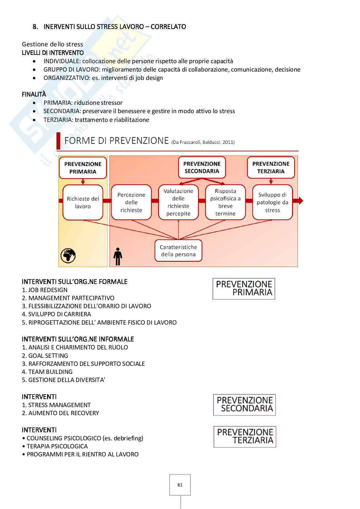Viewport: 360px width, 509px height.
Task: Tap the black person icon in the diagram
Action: tap(118, 256)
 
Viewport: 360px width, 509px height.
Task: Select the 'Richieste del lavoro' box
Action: tap(83, 202)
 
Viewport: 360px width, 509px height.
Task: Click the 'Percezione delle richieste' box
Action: tap(131, 202)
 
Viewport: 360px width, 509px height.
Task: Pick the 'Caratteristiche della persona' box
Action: tap(178, 251)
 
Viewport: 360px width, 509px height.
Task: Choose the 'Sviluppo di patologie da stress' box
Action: tap(272, 202)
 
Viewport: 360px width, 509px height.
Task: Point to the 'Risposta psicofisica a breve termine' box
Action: tap(225, 202)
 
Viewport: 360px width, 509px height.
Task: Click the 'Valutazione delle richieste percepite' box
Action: tap(178, 202)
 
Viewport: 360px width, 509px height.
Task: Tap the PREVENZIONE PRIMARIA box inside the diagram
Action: tap(83, 168)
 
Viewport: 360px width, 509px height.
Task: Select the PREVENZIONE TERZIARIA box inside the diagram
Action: tap(271, 168)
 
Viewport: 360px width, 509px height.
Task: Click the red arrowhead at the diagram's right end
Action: tap(300, 201)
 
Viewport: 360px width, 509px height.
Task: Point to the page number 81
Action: tap(180, 485)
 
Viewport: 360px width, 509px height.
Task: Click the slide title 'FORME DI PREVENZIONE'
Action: tap(116, 141)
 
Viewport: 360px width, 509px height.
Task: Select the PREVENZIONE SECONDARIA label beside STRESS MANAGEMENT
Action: tap(245, 405)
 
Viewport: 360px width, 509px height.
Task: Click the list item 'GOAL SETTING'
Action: tap(48, 356)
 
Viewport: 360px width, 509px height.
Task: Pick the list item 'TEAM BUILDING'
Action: tap(50, 372)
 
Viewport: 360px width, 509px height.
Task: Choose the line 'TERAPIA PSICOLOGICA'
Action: tap(57, 446)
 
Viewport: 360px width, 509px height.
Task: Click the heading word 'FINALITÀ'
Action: tap(34, 94)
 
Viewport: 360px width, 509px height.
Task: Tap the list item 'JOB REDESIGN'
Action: tap(48, 290)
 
